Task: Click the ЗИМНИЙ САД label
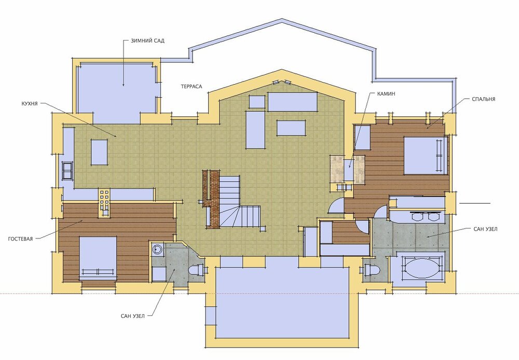(x=147, y=41)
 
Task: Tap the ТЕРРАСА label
(x=192, y=86)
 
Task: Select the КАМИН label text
(x=386, y=94)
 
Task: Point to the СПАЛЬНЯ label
(x=484, y=99)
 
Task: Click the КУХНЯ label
(x=30, y=104)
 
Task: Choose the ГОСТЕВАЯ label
(x=21, y=239)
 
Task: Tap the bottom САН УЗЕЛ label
(x=133, y=316)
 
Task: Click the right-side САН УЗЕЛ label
(x=486, y=229)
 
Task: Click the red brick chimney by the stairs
(x=212, y=199)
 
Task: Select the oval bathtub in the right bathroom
(x=420, y=268)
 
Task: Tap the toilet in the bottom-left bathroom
(x=197, y=270)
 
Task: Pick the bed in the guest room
(x=98, y=258)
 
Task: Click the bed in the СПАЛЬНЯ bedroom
(x=426, y=156)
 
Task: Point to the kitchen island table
(x=99, y=152)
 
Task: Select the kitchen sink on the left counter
(x=67, y=170)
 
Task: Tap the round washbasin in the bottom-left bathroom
(x=158, y=249)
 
